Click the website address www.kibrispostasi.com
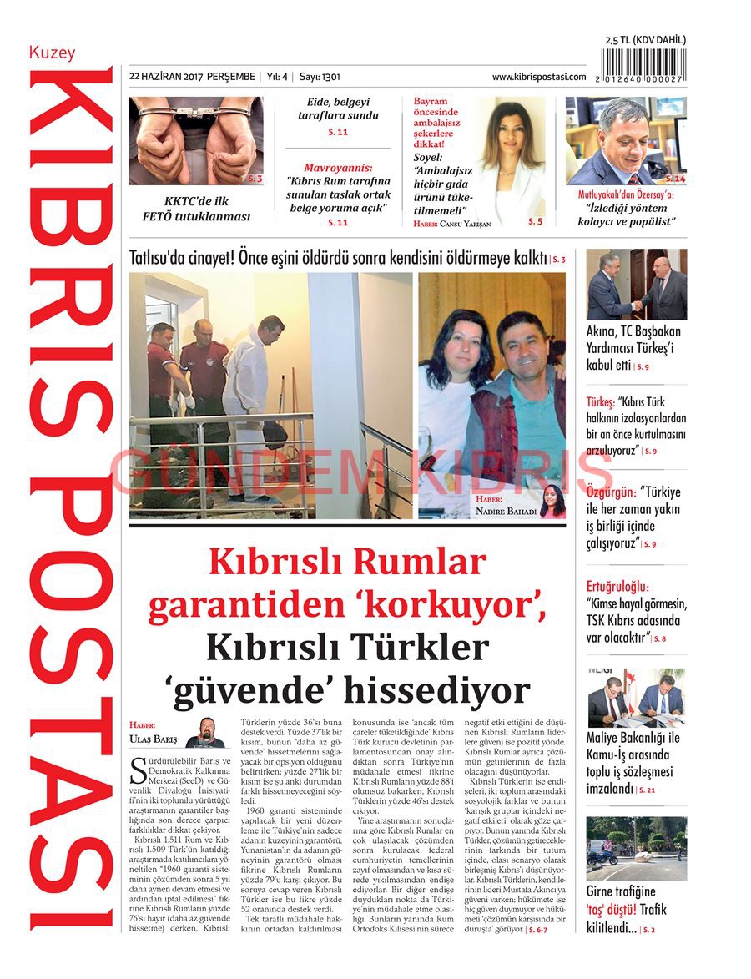(x=538, y=77)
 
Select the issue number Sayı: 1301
(x=320, y=77)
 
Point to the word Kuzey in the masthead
(x=52, y=53)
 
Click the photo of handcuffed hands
(x=196, y=140)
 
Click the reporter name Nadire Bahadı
(x=506, y=512)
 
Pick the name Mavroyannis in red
(x=338, y=168)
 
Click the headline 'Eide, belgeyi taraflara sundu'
(x=338, y=109)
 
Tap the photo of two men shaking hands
(x=636, y=285)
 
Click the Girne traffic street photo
(x=636, y=848)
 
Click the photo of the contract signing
(x=636, y=698)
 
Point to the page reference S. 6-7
(x=537, y=929)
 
